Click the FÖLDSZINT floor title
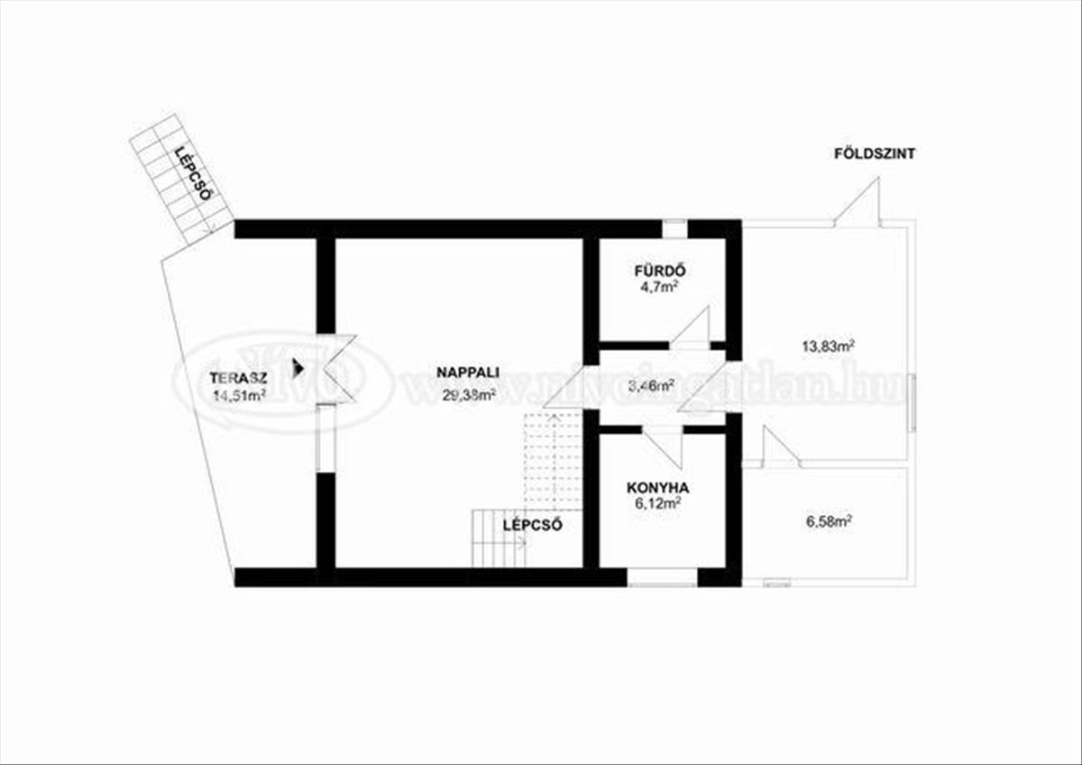click(875, 154)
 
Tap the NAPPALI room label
click(468, 372)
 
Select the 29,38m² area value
click(469, 394)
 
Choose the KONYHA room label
click(658, 488)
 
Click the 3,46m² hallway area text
click(652, 388)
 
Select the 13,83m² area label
click(828, 345)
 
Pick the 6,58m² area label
click(828, 521)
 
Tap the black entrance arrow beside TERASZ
click(298, 367)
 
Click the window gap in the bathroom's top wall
click(674, 228)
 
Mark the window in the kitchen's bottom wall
click(663, 578)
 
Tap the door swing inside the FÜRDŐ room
click(694, 327)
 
